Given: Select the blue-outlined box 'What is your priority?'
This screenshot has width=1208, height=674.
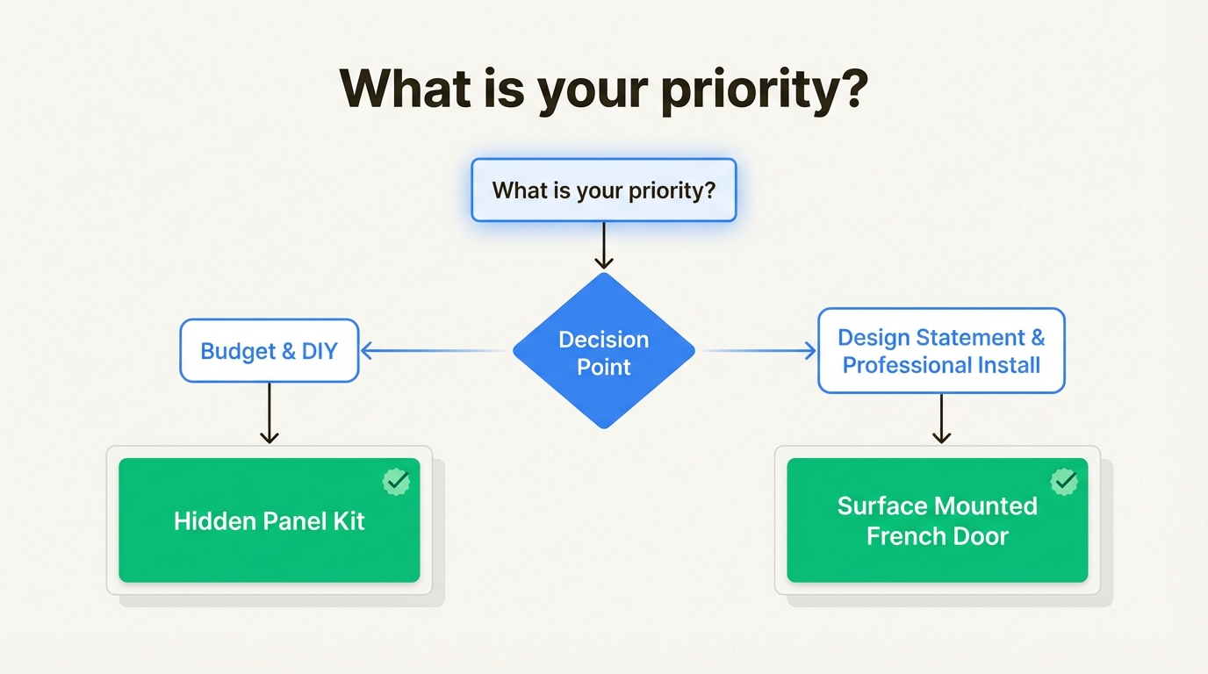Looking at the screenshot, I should pos(604,190).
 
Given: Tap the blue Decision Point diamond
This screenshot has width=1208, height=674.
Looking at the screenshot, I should pos(604,352).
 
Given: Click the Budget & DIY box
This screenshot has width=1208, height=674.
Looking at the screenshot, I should pos(270,351).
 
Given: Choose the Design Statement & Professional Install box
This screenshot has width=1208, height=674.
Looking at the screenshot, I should pos(941,351).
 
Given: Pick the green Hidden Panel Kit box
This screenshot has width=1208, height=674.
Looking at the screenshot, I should pos(270,520).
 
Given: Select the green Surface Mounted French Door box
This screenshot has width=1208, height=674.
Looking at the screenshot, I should pos(938,520).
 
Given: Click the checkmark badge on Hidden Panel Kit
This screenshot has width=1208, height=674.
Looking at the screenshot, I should pos(396,481).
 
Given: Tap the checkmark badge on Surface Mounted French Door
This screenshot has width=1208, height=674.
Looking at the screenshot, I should pos(1064,481).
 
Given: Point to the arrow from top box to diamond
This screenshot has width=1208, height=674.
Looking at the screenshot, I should pos(603,245).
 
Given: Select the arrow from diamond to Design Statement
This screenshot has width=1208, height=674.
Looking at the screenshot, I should pos(759,351).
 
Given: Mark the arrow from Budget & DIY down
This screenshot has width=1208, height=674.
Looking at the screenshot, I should pos(270,413).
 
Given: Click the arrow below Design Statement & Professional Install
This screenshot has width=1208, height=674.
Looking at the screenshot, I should pos(941,419).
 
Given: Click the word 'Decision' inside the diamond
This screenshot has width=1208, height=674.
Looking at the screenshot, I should pos(604,340).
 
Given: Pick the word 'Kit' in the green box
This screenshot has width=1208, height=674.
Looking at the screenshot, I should pos(348,521).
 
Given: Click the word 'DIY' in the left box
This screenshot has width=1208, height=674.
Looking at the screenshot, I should pos(320,352).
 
